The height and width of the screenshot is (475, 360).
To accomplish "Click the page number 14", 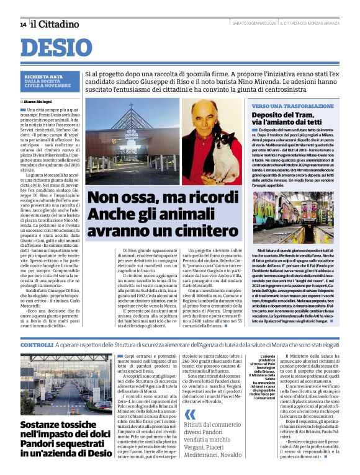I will click(x=23, y=24).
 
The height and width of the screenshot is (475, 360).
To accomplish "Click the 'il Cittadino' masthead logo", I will click(x=56, y=24).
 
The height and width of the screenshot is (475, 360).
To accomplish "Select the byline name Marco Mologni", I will click(x=38, y=100).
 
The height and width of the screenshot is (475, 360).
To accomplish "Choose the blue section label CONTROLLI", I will click(x=37, y=344).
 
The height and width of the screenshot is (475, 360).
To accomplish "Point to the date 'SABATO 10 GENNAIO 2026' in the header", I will click(x=254, y=24).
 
